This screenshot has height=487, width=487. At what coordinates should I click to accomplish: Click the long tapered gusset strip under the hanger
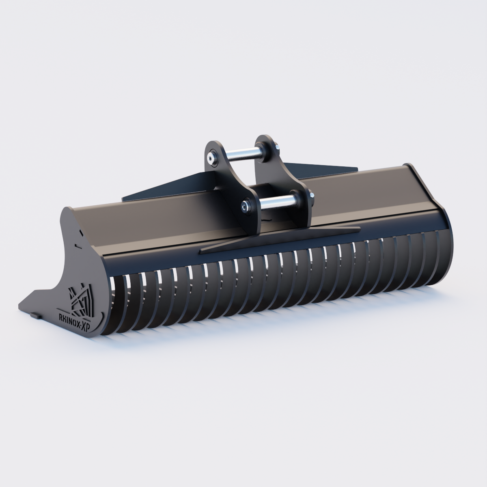(280, 239)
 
